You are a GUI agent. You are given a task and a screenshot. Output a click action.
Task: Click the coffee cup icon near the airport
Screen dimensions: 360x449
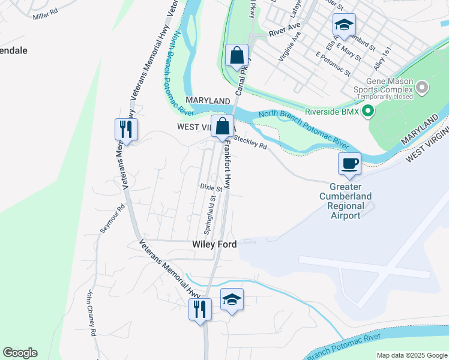349,163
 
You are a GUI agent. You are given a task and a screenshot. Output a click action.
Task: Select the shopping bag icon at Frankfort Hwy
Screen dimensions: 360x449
222,126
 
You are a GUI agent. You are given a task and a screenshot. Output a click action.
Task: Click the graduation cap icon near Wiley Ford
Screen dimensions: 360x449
232,299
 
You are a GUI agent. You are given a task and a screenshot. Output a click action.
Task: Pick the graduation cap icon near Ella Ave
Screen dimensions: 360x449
344,25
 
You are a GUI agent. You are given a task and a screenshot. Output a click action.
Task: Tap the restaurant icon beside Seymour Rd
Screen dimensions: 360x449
126,128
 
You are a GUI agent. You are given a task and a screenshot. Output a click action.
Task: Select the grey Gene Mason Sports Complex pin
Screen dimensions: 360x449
423,88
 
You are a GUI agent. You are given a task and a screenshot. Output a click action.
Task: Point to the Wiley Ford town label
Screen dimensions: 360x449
214,244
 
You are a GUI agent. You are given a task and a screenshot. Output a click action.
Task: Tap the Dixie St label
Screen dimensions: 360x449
211,188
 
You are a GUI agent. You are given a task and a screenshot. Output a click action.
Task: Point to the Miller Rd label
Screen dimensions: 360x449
46,13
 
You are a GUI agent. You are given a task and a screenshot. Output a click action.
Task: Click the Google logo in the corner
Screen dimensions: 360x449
20,353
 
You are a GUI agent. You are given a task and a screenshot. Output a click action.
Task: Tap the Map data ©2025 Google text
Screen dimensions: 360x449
411,355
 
